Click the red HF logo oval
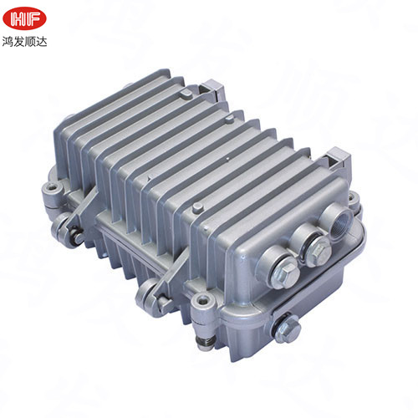coord(24,18)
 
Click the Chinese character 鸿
coord(8,42)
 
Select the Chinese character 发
coord(19,42)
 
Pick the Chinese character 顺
coord(30,42)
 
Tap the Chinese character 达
coord(41,42)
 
